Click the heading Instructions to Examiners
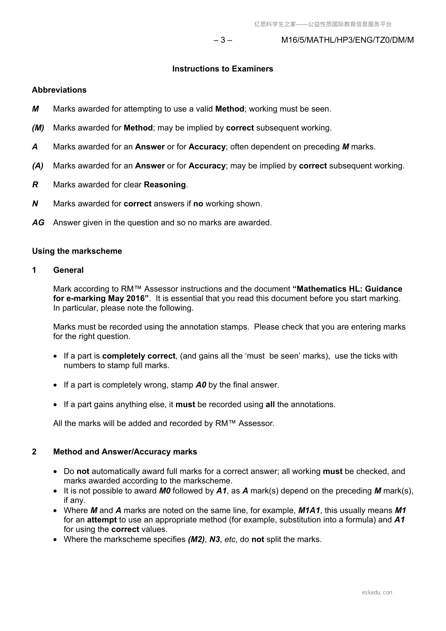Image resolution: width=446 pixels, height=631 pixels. click(222, 69)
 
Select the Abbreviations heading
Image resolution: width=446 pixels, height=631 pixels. click(59, 90)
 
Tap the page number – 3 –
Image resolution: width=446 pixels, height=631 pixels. click(223, 40)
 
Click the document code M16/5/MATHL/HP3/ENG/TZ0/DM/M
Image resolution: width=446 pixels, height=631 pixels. click(348, 40)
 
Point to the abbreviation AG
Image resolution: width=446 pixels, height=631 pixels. click(38, 223)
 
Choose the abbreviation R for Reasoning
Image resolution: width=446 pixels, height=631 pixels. click(35, 185)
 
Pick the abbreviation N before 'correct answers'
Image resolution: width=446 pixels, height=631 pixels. click(35, 204)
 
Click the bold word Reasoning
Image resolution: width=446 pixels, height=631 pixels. click(165, 185)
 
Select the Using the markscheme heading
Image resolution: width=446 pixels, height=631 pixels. click(77, 251)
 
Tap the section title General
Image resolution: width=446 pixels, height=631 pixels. click(69, 270)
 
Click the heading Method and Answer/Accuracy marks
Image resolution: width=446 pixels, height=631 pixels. click(125, 452)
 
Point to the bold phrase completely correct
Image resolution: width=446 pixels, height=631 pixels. click(139, 356)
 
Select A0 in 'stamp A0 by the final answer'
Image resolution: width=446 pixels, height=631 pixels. click(201, 385)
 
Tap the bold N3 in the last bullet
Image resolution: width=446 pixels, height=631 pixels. click(215, 540)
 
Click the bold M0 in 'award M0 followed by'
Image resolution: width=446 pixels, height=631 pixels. click(165, 491)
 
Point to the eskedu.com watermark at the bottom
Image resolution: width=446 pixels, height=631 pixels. click(377, 592)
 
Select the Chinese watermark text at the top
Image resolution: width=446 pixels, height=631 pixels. click(323, 24)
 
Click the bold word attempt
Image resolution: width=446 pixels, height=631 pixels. click(102, 520)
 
